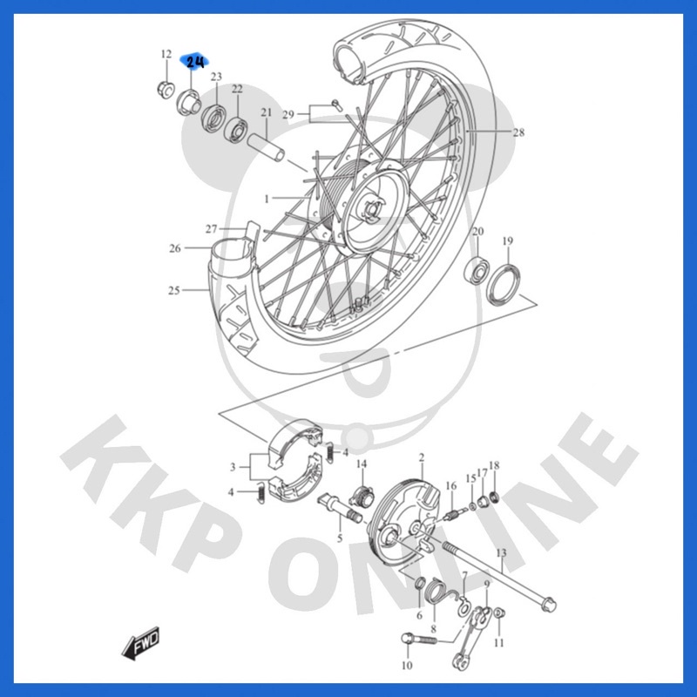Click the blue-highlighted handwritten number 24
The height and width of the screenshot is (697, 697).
pyautogui.click(x=194, y=62)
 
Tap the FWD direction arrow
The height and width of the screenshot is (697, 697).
pyautogui.click(x=140, y=643)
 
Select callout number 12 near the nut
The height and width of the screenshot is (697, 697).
pyautogui.click(x=166, y=54)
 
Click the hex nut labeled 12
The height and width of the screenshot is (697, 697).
pyautogui.click(x=166, y=90)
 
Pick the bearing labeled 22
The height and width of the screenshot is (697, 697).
pyautogui.click(x=236, y=130)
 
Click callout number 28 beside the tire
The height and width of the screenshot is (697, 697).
pyautogui.click(x=518, y=132)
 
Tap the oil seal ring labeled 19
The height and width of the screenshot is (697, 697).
pyautogui.click(x=504, y=285)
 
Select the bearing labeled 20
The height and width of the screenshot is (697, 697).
pyautogui.click(x=477, y=269)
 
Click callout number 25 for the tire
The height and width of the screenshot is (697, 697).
pyautogui.click(x=173, y=290)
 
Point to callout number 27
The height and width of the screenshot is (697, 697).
pyautogui.click(x=211, y=229)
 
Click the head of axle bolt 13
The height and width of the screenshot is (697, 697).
pyautogui.click(x=550, y=603)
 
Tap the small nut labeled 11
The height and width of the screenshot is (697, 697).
pyautogui.click(x=499, y=613)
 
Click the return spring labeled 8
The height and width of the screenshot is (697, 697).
pyautogui.click(x=436, y=593)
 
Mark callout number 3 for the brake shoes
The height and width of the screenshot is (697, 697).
pyautogui.click(x=233, y=467)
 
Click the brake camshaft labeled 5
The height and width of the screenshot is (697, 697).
pyautogui.click(x=340, y=507)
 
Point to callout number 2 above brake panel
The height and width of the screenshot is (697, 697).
pyautogui.click(x=422, y=457)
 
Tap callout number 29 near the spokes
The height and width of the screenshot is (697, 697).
pyautogui.click(x=288, y=115)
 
